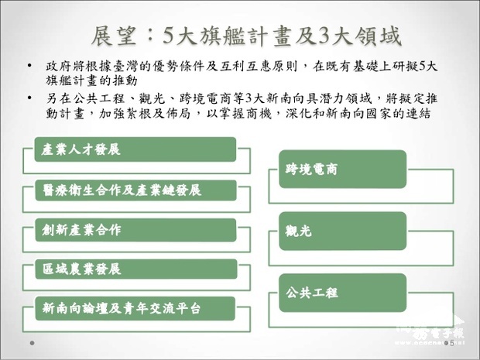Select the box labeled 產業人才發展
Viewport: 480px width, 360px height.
135,149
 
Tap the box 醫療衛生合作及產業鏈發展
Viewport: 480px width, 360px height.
135,190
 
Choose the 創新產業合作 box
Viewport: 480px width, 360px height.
135,230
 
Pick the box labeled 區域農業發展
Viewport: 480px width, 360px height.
135,269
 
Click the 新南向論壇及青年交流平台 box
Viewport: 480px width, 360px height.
135,309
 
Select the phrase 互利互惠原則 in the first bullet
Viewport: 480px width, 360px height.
255,67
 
